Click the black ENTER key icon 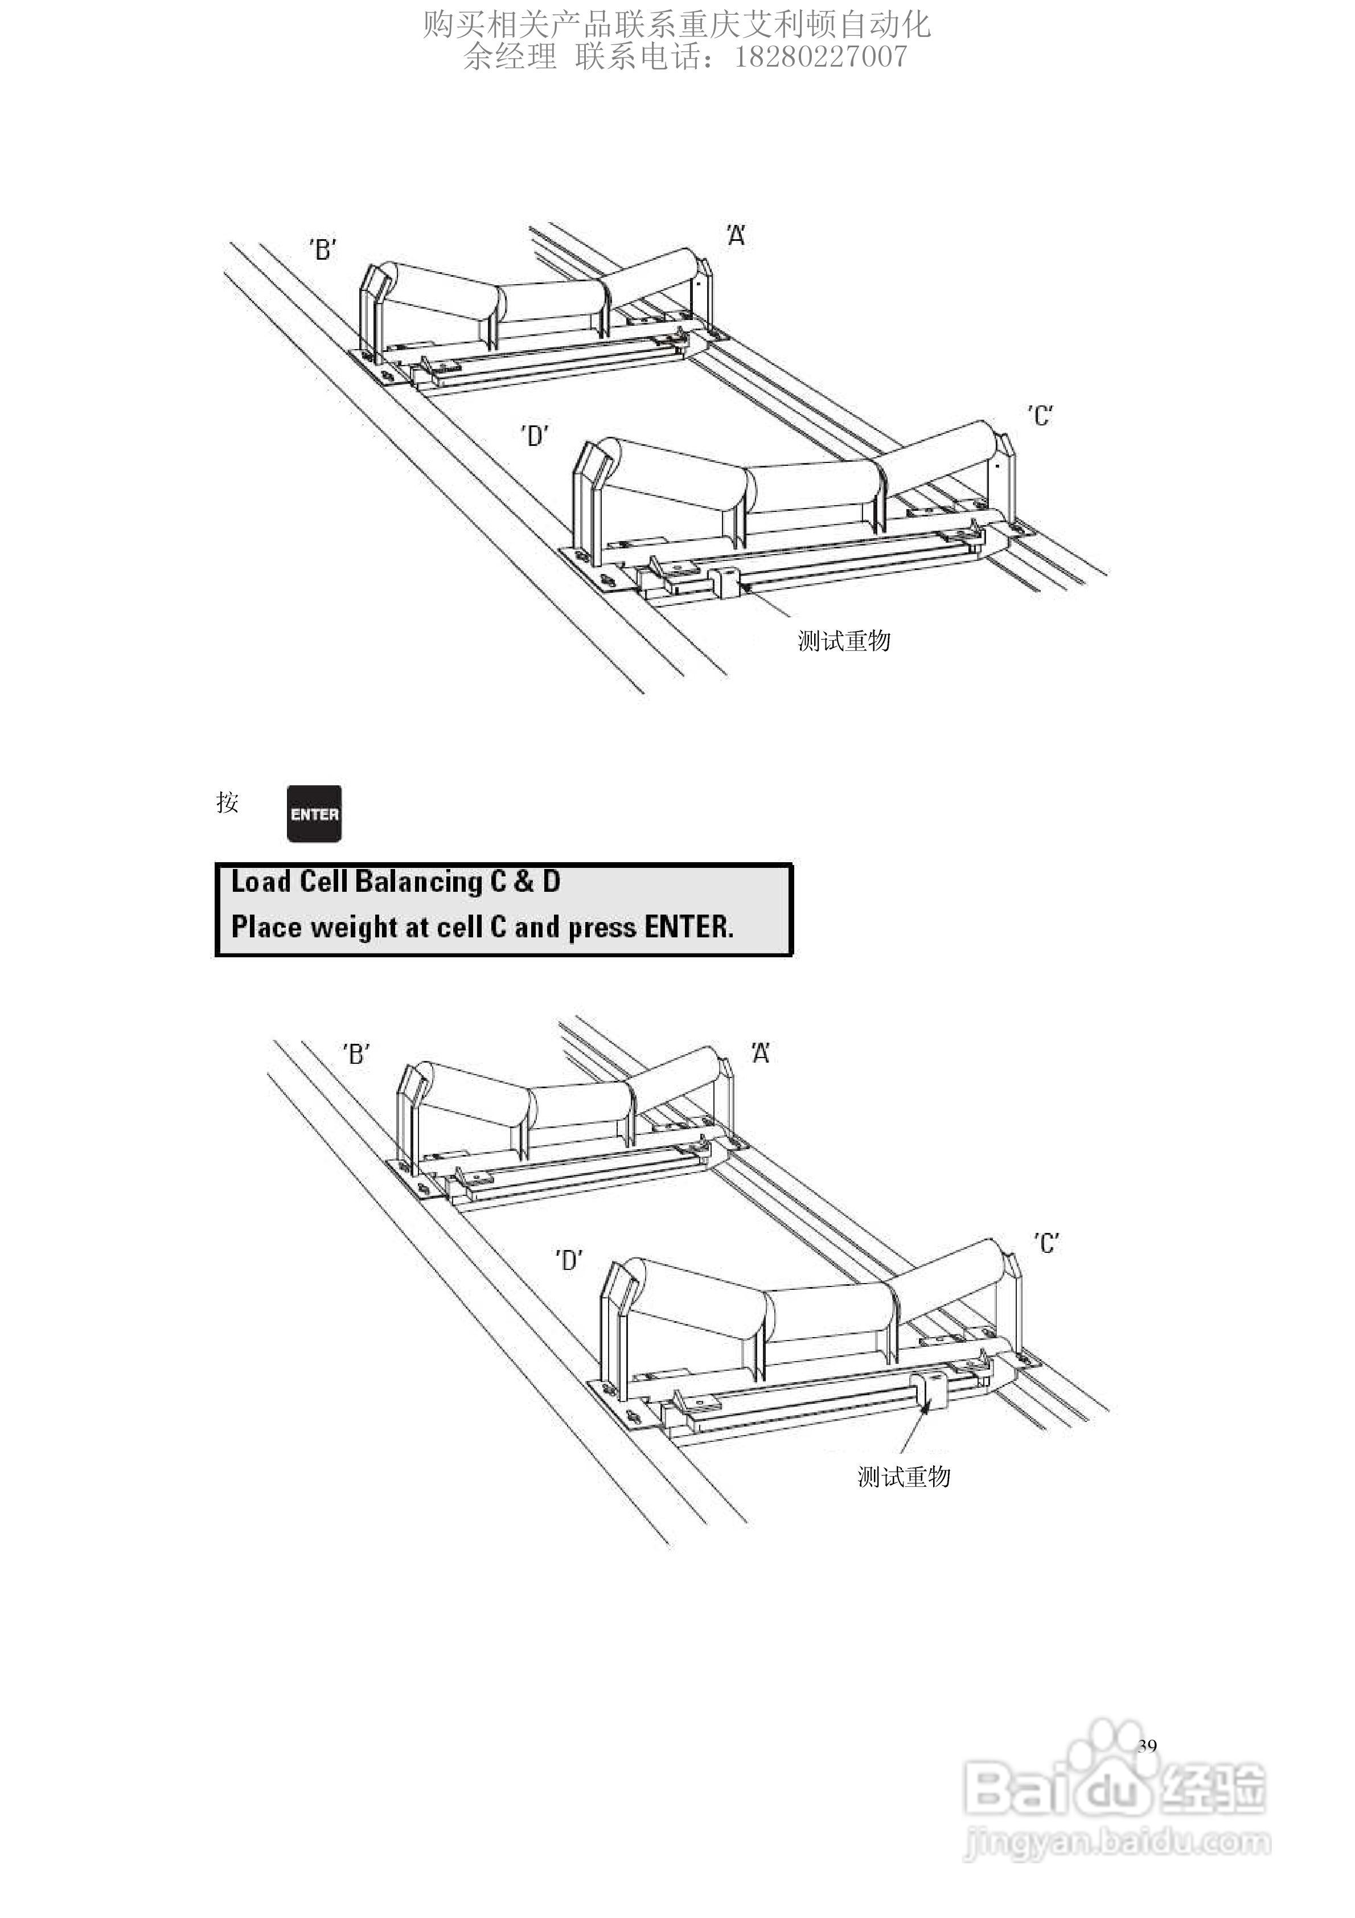(314, 814)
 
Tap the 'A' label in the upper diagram (735, 236)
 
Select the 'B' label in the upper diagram (323, 249)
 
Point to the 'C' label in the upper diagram (1040, 415)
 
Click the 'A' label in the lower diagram (759, 1054)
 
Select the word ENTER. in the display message (688, 927)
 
